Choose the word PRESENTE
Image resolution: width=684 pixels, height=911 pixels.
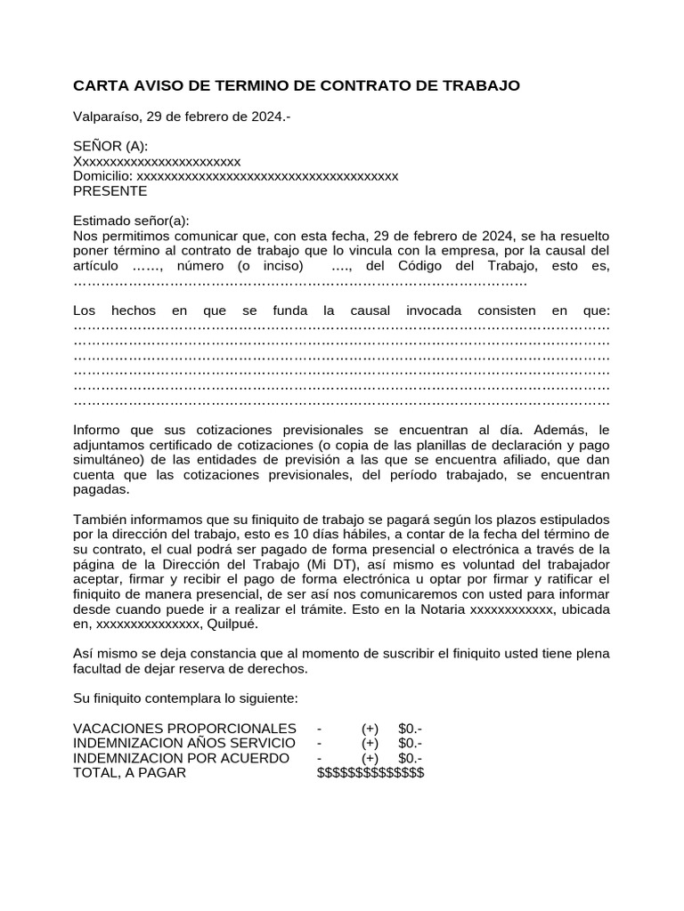coord(110,190)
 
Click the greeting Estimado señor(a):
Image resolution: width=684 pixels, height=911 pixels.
coord(131,221)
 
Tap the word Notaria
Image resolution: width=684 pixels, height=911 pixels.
coord(441,609)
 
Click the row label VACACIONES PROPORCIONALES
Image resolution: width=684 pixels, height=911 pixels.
coord(184,729)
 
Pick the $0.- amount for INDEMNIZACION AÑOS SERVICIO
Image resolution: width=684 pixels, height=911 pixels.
coord(411,743)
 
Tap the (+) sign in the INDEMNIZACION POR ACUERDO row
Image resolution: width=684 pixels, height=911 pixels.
coord(370,758)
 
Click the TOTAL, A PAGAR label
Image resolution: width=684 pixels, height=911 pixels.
coord(130,772)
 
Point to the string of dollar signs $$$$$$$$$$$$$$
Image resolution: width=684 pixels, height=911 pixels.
coord(370,772)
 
